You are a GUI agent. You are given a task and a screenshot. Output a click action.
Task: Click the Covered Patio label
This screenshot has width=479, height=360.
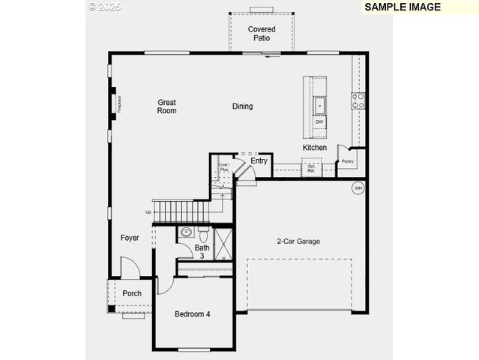262,34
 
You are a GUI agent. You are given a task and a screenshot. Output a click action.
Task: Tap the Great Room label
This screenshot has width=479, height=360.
166,106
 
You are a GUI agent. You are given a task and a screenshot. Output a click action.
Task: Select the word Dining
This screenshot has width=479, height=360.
242,106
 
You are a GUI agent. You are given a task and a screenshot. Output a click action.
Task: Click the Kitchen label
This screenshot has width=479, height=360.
315,148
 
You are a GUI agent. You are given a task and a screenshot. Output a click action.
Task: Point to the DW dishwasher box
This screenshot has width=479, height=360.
319,121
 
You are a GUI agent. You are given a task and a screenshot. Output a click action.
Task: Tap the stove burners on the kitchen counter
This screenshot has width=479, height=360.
359,100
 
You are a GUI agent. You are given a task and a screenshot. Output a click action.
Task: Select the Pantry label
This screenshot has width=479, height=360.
347,161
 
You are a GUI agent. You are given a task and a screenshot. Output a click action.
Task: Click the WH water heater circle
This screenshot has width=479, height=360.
358,187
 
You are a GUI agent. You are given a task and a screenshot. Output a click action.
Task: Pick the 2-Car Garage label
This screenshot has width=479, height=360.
298,241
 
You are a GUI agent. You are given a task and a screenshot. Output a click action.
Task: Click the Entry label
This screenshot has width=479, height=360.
259,161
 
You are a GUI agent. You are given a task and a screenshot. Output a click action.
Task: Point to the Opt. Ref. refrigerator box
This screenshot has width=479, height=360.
311,169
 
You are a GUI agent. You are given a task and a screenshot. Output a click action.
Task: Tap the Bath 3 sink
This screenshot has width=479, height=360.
186,232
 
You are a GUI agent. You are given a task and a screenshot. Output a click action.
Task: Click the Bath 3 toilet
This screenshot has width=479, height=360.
202,233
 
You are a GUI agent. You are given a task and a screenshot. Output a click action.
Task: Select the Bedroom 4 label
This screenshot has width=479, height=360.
192,314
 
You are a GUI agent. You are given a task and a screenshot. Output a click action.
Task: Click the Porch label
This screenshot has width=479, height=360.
132,293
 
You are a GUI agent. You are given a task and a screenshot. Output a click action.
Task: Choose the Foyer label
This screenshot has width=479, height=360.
130,238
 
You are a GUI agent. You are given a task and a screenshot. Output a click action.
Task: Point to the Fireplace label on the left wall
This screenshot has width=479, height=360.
119,103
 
